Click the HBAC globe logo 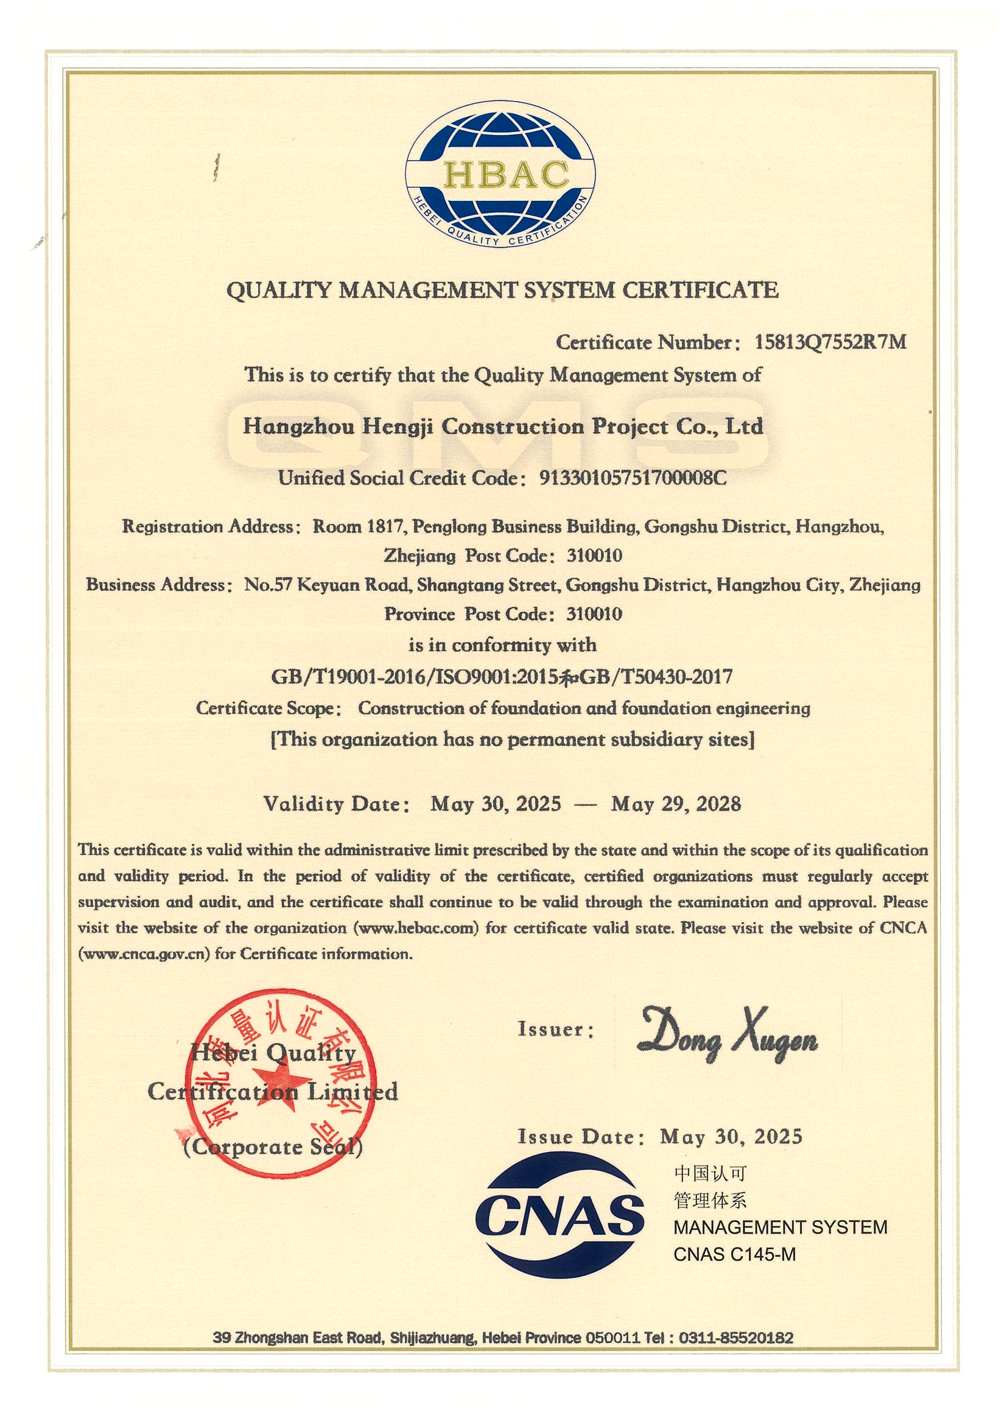[x=500, y=173]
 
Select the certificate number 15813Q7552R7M [x=830, y=342]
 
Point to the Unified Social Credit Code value [x=633, y=478]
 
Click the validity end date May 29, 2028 [x=676, y=804]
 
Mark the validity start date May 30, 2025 [x=496, y=804]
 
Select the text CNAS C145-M [x=734, y=1254]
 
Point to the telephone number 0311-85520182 [x=736, y=1337]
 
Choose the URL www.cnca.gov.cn [x=144, y=954]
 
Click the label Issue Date [x=577, y=1136]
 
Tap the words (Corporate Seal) [x=273, y=1147]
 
